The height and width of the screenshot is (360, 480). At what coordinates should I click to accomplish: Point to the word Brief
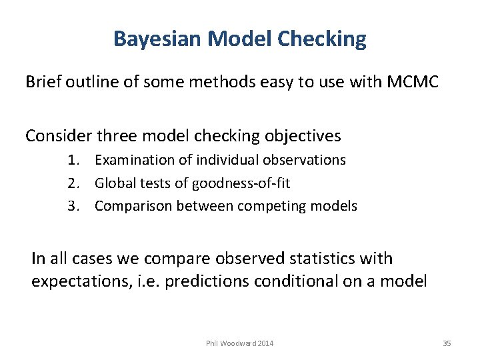43,82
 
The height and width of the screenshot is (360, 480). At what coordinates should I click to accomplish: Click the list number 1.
73,160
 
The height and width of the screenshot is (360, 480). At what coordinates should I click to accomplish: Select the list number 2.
73,183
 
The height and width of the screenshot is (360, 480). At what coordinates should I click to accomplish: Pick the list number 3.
73,206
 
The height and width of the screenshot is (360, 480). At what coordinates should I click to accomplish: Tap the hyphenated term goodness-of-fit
241,183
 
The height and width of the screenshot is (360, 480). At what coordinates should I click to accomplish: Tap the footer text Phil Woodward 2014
239,343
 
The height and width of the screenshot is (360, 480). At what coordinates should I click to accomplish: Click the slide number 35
447,343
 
